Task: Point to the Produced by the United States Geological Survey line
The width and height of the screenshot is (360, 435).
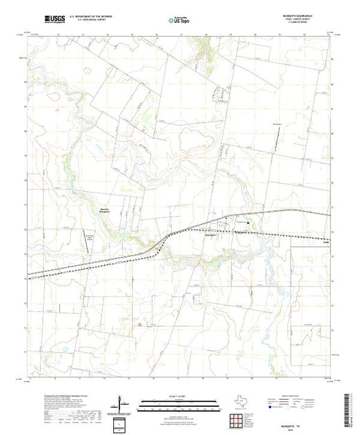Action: pyautogui.click(x=69, y=391)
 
